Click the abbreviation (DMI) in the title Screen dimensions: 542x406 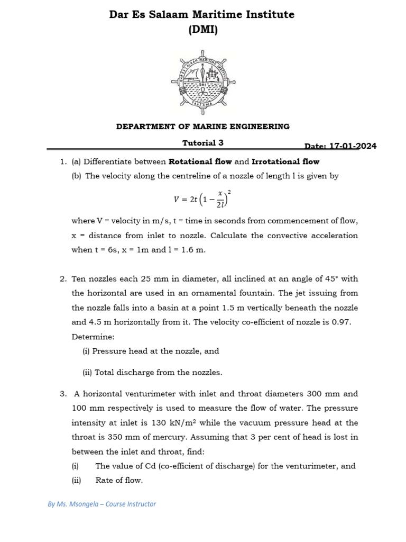point(203,30)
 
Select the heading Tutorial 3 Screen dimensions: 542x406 point(199,142)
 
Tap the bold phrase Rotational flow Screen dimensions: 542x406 point(200,161)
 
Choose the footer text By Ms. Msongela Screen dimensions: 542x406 point(101,504)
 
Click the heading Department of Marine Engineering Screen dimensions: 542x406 point(203,127)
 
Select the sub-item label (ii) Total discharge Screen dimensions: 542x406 point(152,372)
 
